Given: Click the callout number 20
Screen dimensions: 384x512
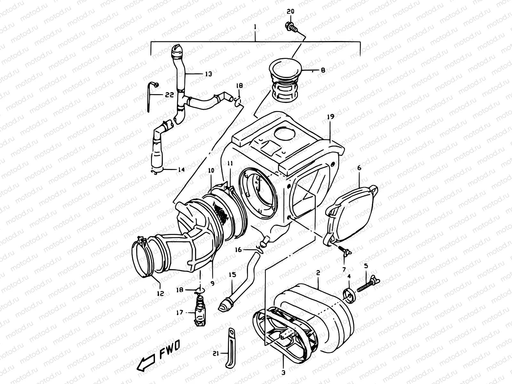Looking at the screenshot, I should (290, 11).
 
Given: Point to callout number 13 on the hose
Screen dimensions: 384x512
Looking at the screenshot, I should (208, 74).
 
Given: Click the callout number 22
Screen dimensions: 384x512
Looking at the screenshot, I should (170, 95).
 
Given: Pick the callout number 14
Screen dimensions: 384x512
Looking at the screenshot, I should (181, 170).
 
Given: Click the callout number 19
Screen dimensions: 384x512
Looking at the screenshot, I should (330, 117).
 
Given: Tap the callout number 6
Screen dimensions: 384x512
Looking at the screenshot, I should (359, 168).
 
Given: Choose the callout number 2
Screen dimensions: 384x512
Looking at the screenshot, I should (318, 273).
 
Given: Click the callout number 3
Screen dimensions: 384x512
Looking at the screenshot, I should (283, 372).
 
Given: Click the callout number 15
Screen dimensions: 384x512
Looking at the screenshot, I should (232, 275).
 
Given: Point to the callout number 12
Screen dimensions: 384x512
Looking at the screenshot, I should (160, 293).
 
